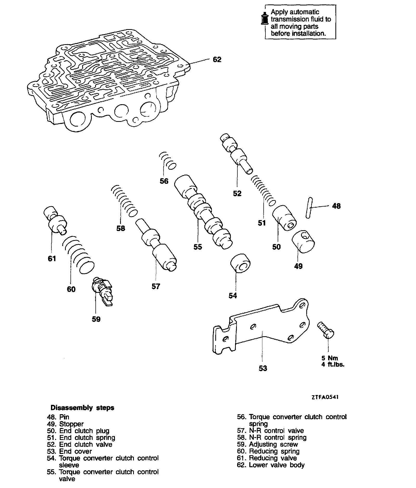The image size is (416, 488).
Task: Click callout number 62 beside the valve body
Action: (217, 60)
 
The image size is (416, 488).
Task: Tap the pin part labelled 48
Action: (309, 208)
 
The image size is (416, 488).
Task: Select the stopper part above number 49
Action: (303, 241)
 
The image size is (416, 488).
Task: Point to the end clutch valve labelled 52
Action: (236, 153)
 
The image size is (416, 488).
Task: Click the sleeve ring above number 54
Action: (240, 263)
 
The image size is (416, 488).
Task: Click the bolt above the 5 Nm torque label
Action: (326, 330)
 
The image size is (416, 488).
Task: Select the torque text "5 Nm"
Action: (329, 358)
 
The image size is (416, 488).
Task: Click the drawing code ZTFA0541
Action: (325, 397)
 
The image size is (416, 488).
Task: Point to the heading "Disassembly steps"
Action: (82, 408)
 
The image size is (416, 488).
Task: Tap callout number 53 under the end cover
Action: (263, 368)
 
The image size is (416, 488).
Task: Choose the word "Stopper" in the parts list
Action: (71, 424)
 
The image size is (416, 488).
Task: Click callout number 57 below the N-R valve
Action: (156, 286)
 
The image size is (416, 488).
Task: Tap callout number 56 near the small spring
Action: (164, 181)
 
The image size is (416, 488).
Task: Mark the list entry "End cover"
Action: (75, 451)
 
